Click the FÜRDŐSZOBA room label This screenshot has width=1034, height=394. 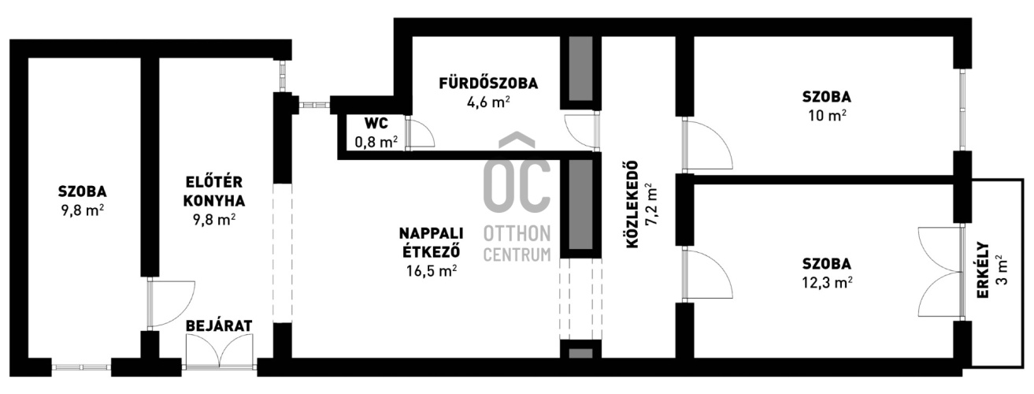(x=488, y=84)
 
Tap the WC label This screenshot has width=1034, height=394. (x=376, y=124)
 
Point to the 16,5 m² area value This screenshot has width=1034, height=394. (x=432, y=270)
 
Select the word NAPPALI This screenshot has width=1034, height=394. (x=431, y=233)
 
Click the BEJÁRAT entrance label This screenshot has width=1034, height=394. (x=219, y=325)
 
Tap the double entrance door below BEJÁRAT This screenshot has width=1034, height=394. (x=220, y=351)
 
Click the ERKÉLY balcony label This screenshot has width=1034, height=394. (x=983, y=270)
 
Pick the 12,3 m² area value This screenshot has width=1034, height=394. (x=827, y=282)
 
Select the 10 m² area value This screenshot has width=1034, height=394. (x=827, y=115)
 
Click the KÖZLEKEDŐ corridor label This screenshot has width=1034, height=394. (x=632, y=205)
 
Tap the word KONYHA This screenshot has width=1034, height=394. (x=214, y=201)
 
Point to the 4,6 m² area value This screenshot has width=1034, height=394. (x=488, y=102)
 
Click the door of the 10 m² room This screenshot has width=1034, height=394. (x=707, y=144)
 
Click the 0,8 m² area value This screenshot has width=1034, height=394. (x=376, y=141)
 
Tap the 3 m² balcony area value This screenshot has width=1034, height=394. (x=1002, y=270)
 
